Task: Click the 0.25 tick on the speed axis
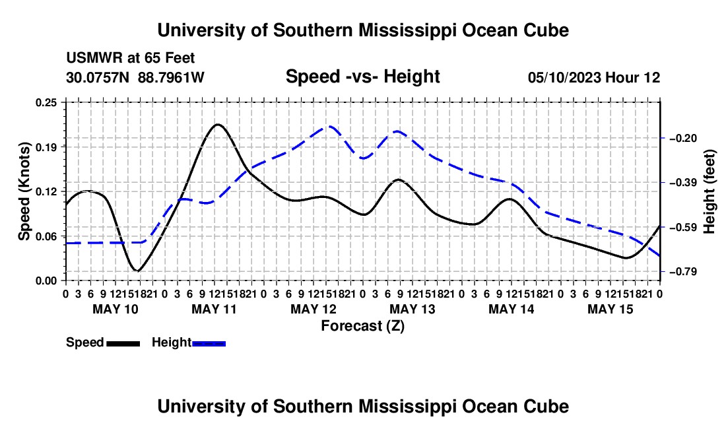click(46, 102)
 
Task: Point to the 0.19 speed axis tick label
click(46, 147)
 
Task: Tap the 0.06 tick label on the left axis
click(46, 236)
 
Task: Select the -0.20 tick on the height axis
click(683, 139)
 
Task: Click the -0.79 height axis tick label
click(683, 272)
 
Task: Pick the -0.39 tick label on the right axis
click(683, 183)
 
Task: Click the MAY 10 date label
click(115, 309)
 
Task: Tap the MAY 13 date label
click(412, 309)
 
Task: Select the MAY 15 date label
click(610, 309)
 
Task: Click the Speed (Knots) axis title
click(24, 191)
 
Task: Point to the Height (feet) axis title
click(709, 191)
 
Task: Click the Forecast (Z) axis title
click(363, 326)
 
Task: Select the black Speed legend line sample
click(123, 344)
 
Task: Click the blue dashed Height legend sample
click(209, 344)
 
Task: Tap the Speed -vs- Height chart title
click(363, 77)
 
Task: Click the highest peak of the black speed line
click(217, 124)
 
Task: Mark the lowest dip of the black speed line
click(137, 271)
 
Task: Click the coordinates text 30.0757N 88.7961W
click(135, 77)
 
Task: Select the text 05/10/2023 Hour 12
click(594, 77)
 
